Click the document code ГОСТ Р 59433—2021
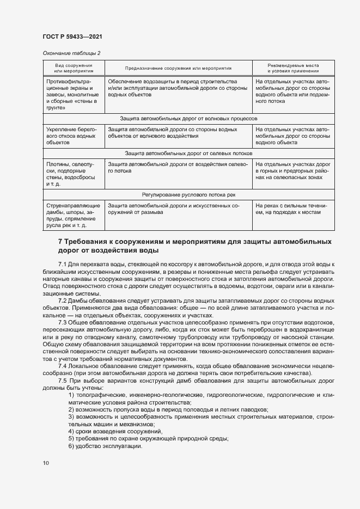click(72, 36)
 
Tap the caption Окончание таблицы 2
click(71, 53)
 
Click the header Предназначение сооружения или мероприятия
click(178, 69)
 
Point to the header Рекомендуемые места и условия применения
click(293, 68)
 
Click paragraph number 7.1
click(64, 264)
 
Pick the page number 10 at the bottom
click(45, 463)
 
